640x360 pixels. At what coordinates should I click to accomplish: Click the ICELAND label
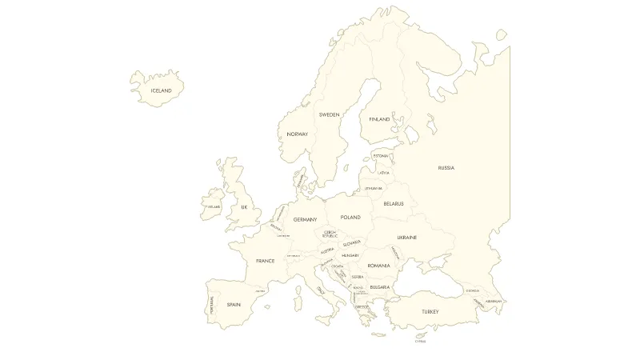pos(161,91)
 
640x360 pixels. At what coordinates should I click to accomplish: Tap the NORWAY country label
pos(297,134)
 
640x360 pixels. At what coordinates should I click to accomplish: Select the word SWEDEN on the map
pos(329,114)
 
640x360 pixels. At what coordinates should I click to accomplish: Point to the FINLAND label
pos(379,119)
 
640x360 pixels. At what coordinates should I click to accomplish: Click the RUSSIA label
pos(446,168)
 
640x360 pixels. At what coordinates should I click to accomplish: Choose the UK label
pos(245,207)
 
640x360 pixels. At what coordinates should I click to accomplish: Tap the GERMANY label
pos(305,219)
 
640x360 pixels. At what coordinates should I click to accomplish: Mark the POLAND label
pos(350,218)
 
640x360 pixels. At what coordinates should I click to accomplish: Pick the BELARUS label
pos(394,204)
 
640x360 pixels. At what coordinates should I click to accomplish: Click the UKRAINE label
pos(406,238)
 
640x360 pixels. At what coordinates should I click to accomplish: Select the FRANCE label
pos(265,261)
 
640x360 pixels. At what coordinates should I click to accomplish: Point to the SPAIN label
pos(234,305)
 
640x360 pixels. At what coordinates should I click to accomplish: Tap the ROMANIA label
pos(378,266)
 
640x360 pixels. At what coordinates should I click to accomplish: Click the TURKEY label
pos(430,311)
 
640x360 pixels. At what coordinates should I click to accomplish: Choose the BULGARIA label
pos(379,287)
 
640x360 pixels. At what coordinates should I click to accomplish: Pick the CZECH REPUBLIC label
pos(330,234)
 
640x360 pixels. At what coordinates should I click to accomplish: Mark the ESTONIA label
pos(381,155)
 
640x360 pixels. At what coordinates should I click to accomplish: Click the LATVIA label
pos(384,172)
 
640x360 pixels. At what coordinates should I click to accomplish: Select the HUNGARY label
pos(350,255)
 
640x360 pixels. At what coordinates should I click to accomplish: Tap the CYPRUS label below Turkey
pos(420,342)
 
